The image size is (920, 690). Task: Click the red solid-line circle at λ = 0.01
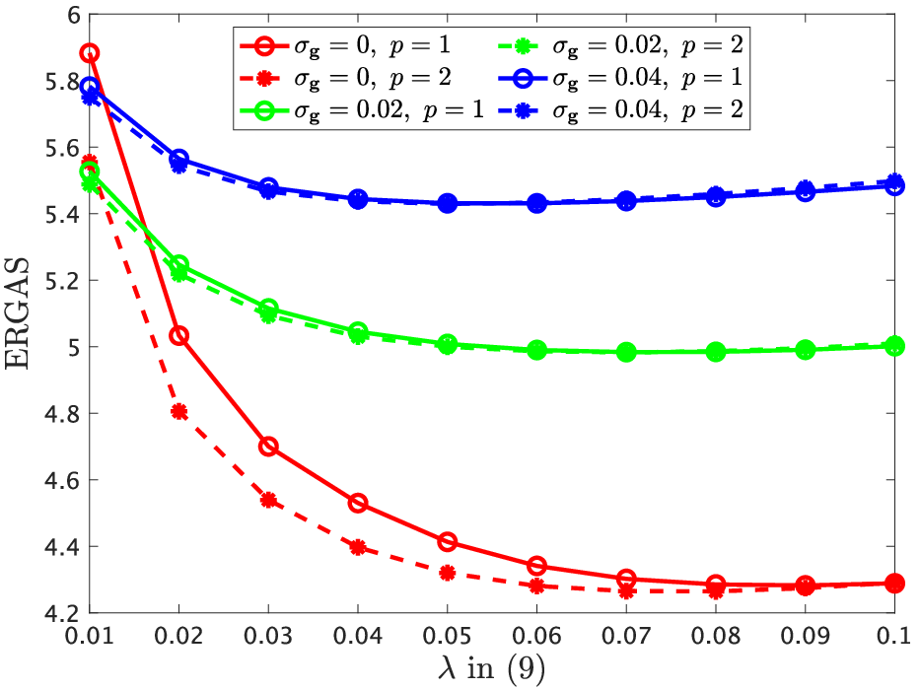click(89, 53)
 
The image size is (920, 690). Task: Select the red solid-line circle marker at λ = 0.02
click(178, 335)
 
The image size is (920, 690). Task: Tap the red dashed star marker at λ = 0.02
click(178, 412)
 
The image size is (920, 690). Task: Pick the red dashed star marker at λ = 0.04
click(358, 548)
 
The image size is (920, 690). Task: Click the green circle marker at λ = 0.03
click(268, 308)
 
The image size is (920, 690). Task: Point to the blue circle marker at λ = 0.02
click(178, 159)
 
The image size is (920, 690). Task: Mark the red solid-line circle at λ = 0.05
click(447, 541)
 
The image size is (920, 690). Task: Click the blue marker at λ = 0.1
click(894, 185)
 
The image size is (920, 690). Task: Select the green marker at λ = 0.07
click(626, 352)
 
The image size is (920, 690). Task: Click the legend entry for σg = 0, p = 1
click(345, 45)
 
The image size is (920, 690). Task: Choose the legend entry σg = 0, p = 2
click(345, 78)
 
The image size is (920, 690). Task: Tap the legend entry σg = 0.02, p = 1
click(362, 110)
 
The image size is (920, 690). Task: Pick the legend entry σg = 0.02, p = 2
click(620, 45)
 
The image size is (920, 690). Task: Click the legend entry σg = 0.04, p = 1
click(620, 78)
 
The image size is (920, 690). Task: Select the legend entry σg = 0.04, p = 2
click(620, 110)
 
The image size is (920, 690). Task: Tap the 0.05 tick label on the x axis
click(447, 636)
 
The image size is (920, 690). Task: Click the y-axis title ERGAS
click(17, 312)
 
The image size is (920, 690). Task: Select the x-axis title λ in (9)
click(492, 668)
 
